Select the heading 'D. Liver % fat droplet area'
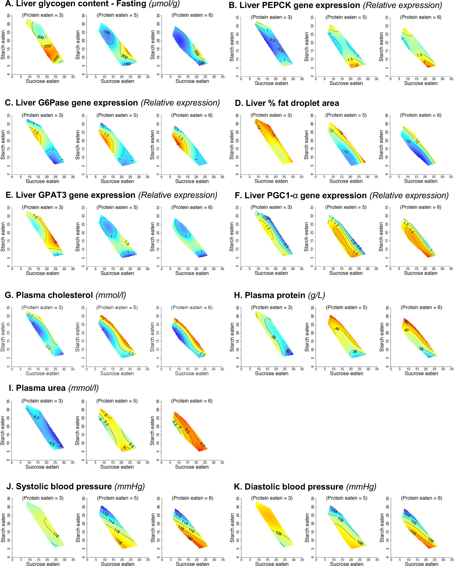pos(287,103)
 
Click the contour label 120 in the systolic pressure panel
pos(190,538)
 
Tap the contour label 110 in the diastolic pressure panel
pos(413,533)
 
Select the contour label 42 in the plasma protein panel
pos(406,322)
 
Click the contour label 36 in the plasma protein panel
pos(288,351)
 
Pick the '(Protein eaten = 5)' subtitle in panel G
pos(117,307)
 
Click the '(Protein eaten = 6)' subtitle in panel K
pos(421,498)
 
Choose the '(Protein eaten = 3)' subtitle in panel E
pos(42,207)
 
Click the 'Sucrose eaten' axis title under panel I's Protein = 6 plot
pos(192,467)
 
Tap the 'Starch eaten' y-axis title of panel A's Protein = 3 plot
pos(3,45)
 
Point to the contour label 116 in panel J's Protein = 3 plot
pos(56,535)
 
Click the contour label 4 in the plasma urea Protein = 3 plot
pos(61,446)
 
